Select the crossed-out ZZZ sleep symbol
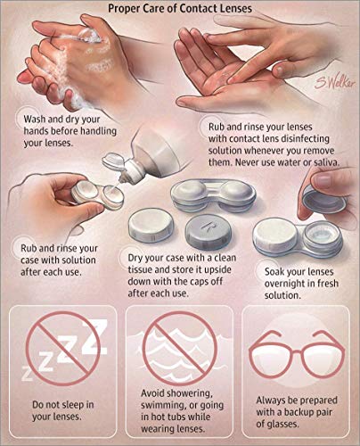61,350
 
